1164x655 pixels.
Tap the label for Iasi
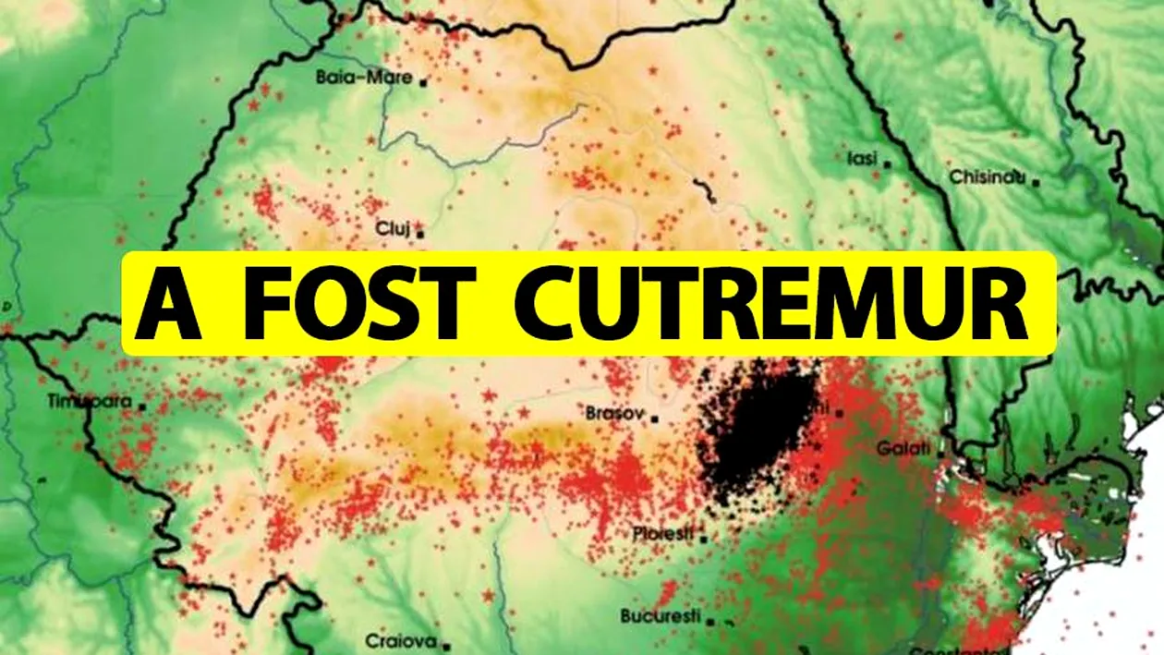(x=862, y=159)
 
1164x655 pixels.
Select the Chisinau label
(x=988, y=177)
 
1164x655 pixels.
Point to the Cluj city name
(x=392, y=228)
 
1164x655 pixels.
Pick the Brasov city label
(x=613, y=415)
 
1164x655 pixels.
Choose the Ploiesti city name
(x=663, y=534)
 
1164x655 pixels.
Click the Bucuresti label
(x=661, y=616)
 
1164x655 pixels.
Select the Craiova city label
(x=400, y=640)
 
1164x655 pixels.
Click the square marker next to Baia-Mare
(x=423, y=81)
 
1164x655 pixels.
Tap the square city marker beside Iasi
(x=888, y=164)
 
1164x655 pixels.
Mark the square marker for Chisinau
(x=1037, y=182)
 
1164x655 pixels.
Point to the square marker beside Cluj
(x=421, y=234)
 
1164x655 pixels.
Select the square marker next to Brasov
(x=654, y=418)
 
